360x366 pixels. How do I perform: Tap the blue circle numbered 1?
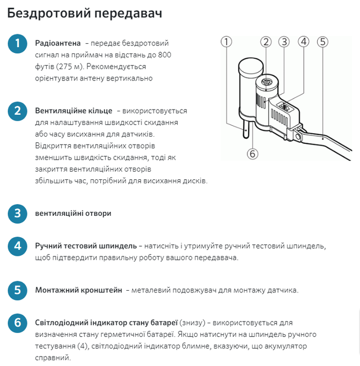[x=17, y=44]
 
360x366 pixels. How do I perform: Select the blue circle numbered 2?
[x=17, y=111]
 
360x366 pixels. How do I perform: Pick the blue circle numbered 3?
[x=17, y=214]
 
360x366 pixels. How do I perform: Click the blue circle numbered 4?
[x=17, y=246]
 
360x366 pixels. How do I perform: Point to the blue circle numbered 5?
[x=17, y=291]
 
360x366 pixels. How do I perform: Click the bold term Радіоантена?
[x=57, y=43]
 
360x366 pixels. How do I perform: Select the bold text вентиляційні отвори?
[x=73, y=214]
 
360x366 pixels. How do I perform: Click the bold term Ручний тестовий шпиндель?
[x=86, y=246]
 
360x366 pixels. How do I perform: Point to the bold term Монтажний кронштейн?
[x=78, y=291]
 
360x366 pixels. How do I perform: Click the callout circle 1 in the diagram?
[x=227, y=42]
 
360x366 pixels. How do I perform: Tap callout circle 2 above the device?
[x=266, y=42]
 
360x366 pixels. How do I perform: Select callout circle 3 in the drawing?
[x=284, y=42]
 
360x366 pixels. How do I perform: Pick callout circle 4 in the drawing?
[x=304, y=42]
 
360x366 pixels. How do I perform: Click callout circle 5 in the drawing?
[x=322, y=42]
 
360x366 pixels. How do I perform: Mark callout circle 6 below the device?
[x=252, y=153]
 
